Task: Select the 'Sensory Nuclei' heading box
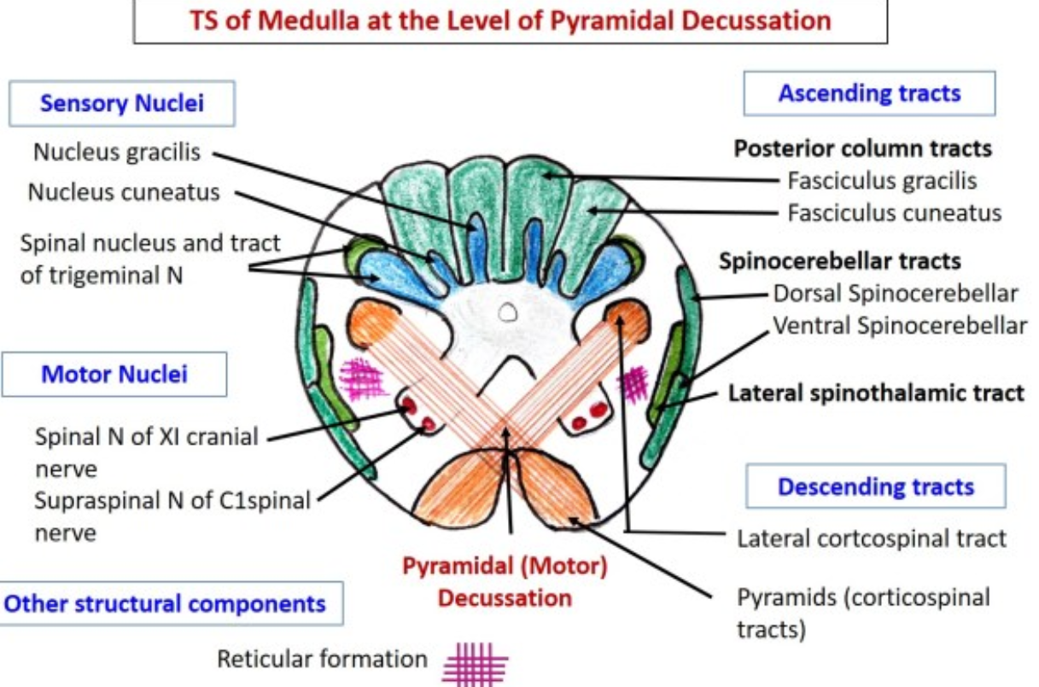pyautogui.click(x=122, y=104)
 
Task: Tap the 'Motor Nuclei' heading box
pyautogui.click(x=114, y=374)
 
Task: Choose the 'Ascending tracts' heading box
pyautogui.click(x=869, y=93)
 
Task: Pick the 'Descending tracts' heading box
pyautogui.click(x=875, y=487)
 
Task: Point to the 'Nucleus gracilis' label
pyautogui.click(x=117, y=152)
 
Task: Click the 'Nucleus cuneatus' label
pyautogui.click(x=124, y=191)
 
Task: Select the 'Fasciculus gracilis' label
pyautogui.click(x=882, y=181)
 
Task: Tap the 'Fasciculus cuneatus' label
pyautogui.click(x=894, y=212)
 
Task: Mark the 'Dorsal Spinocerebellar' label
pyautogui.click(x=896, y=294)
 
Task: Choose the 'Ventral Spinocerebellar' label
pyautogui.click(x=900, y=325)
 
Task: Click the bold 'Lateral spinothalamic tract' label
pyautogui.click(x=875, y=393)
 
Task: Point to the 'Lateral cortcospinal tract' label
pyautogui.click(x=872, y=539)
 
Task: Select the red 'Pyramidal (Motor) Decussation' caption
pyautogui.click(x=505, y=582)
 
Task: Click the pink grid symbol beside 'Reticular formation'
pyautogui.click(x=476, y=663)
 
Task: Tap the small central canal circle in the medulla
pyautogui.click(x=509, y=313)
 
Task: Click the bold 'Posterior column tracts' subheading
pyautogui.click(x=863, y=148)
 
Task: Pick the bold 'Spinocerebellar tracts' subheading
pyautogui.click(x=840, y=260)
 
